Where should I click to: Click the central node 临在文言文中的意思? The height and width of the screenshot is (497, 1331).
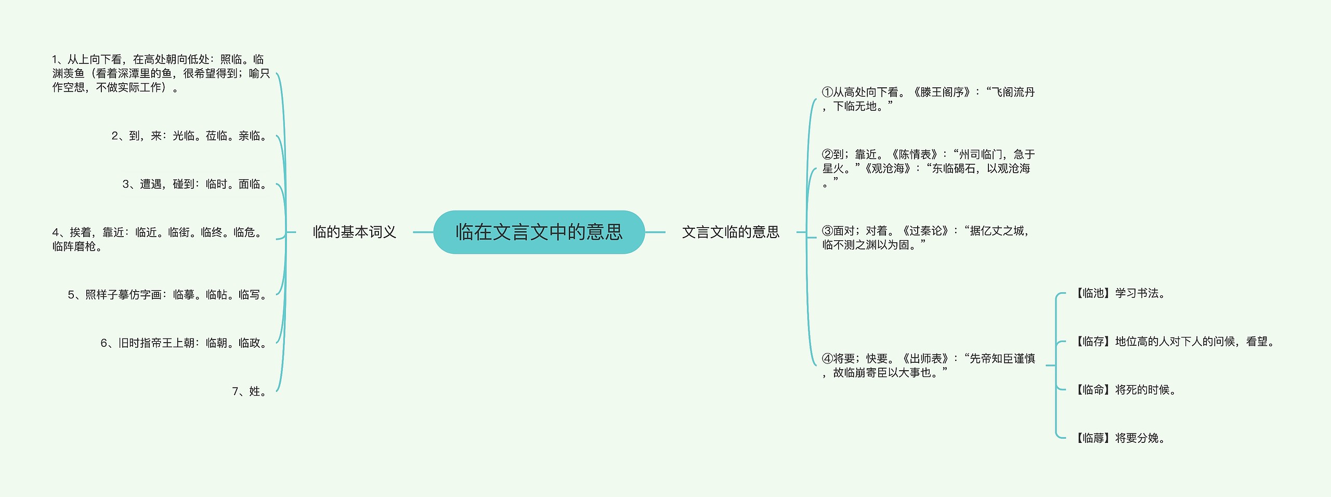539,232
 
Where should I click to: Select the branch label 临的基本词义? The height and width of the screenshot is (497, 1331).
354,232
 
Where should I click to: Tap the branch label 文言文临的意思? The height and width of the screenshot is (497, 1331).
730,232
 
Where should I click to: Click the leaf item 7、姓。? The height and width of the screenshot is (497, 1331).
249,391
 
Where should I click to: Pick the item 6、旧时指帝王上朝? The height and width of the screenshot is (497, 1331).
184,343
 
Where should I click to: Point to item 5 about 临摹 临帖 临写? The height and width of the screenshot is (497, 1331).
167,295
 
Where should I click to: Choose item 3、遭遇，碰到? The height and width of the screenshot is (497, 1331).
194,184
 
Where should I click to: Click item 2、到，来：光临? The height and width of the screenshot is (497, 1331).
189,136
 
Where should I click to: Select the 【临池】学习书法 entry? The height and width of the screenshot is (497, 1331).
1120,293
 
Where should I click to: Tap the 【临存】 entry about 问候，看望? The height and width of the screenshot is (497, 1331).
1175,342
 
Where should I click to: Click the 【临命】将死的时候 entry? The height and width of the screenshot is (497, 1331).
1126,390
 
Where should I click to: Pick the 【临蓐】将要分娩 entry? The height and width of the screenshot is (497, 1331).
1120,438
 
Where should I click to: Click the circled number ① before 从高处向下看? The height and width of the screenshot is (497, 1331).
827,93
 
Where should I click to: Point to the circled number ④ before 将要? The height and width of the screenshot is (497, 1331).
827,359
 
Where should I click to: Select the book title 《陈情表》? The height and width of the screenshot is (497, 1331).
915,154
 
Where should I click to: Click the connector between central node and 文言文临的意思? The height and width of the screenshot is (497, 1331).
655,232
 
